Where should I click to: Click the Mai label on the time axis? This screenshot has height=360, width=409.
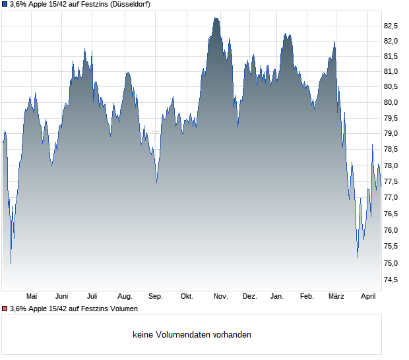(x=31, y=297)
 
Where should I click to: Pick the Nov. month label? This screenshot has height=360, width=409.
(x=220, y=297)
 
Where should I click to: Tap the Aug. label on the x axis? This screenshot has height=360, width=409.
(x=125, y=297)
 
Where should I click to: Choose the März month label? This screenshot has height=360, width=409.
(x=336, y=297)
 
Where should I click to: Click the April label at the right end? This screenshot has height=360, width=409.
(x=367, y=297)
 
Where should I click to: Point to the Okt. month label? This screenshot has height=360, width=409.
(x=187, y=297)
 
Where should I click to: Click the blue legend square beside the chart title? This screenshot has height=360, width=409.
(x=5, y=4)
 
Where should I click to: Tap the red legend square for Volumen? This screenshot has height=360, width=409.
(x=5, y=309)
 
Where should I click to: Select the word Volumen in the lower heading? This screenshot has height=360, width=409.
(x=123, y=309)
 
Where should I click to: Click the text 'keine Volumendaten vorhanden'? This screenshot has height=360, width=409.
(x=191, y=334)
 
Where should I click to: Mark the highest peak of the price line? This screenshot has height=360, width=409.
(x=215, y=18)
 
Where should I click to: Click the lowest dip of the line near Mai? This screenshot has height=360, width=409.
(x=11, y=263)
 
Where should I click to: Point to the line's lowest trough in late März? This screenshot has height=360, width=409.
(x=358, y=257)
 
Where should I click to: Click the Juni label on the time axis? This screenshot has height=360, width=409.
(x=61, y=297)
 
